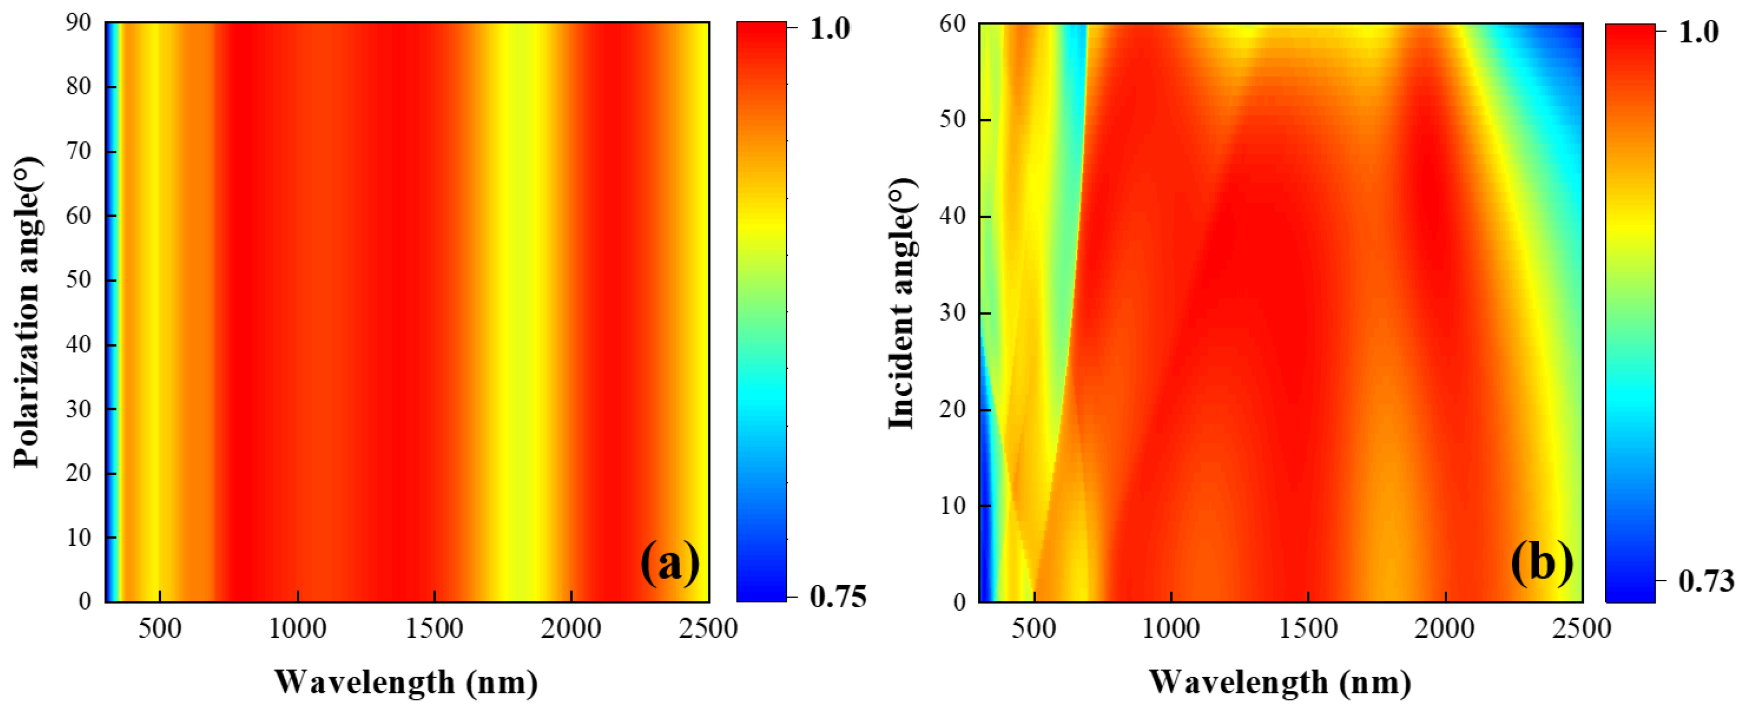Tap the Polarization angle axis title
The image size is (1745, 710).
pyautogui.click(x=27, y=312)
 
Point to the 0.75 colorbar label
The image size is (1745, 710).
pyautogui.click(x=838, y=597)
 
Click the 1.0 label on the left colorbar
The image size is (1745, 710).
pyautogui.click(x=830, y=29)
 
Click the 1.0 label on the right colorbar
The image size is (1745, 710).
pyautogui.click(x=1698, y=32)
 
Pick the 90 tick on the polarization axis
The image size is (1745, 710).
pyautogui.click(x=78, y=23)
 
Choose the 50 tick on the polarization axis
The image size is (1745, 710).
pyautogui.click(x=78, y=280)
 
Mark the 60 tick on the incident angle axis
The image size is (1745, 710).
pyautogui.click(x=953, y=24)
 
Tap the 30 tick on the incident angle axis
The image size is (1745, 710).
pyautogui.click(x=953, y=313)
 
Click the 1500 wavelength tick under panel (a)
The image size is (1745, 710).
pyautogui.click(x=434, y=629)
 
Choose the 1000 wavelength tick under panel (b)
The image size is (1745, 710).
pyautogui.click(x=1171, y=629)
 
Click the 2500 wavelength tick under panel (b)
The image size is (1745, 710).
pyautogui.click(x=1581, y=629)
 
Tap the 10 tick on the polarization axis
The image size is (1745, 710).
pyautogui.click(x=78, y=537)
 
